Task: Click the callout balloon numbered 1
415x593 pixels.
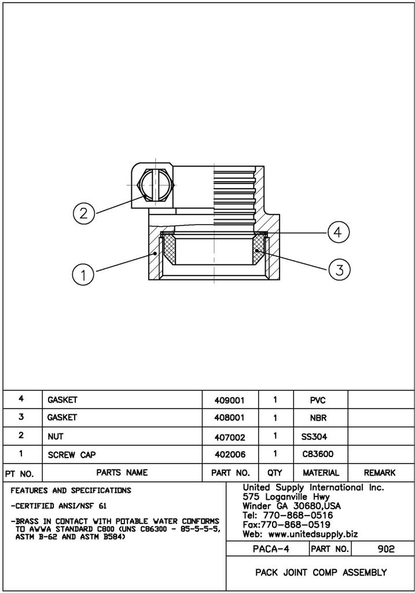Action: pos(84,274)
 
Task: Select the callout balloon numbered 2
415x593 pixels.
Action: pos(84,213)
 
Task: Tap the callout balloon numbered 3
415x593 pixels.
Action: pos(339,268)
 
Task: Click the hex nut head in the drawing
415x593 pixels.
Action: pos(155,185)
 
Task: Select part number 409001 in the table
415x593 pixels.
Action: pos(230,400)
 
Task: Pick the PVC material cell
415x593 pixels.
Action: pos(318,400)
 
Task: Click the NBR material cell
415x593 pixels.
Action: pos(319,417)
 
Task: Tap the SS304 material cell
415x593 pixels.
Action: pos(318,436)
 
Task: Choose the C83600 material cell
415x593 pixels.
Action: pos(318,455)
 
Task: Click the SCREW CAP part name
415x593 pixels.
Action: pos(72,455)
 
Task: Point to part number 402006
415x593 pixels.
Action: pos(230,455)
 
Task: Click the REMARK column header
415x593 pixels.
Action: pos(380,473)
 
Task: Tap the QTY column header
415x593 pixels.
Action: pos(275,473)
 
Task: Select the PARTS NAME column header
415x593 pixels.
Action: pos(122,473)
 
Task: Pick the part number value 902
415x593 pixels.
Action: pos(385,549)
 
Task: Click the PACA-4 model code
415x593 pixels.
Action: pos(267,549)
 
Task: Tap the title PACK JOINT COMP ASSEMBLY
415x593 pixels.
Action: pos(321,573)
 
